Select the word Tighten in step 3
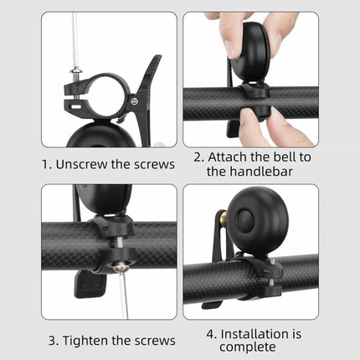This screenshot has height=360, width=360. (85, 341)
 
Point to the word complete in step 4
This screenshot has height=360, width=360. (248, 347)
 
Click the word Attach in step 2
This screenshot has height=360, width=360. (228, 157)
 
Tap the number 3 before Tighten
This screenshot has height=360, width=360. (53, 341)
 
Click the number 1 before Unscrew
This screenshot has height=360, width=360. (44, 164)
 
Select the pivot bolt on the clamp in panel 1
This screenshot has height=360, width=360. (135, 101)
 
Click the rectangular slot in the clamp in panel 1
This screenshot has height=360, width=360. (75, 106)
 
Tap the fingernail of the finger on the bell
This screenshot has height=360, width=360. (231, 49)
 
